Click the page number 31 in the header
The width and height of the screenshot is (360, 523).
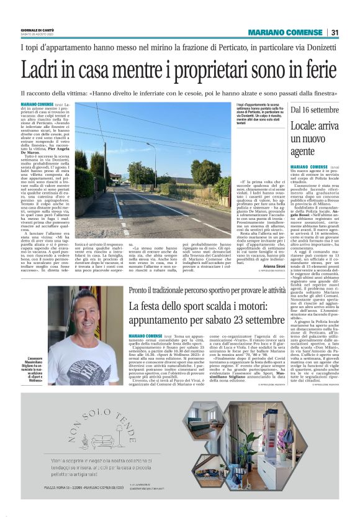(x=335, y=32)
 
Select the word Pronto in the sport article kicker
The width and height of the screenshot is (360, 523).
(x=140, y=290)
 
